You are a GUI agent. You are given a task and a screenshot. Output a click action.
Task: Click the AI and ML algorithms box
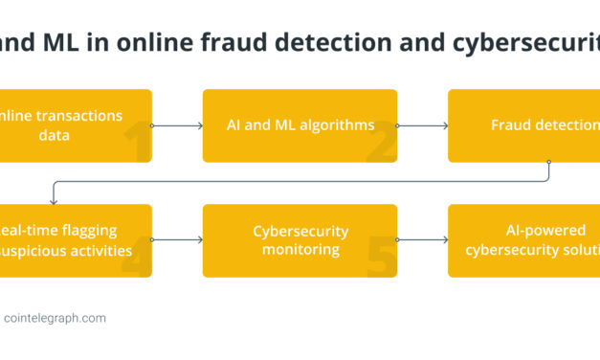tap(300, 125)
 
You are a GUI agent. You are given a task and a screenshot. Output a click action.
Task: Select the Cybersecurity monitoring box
tap(300, 240)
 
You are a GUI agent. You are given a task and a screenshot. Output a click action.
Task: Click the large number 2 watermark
tap(384, 144)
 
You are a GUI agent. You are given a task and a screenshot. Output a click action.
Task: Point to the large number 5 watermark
tap(383, 259)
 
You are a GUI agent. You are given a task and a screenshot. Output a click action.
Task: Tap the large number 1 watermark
tap(137, 144)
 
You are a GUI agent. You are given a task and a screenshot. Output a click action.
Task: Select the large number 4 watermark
tap(137, 259)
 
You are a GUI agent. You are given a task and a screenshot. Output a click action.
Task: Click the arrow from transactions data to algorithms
tap(177, 125)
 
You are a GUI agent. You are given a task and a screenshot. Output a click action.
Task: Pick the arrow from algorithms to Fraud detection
tap(422, 125)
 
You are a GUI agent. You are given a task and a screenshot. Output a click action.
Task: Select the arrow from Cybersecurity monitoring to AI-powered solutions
tap(422, 240)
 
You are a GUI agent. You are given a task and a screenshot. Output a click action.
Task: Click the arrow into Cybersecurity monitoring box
tap(177, 240)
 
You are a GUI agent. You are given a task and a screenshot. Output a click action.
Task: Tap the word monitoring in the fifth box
tap(300, 249)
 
